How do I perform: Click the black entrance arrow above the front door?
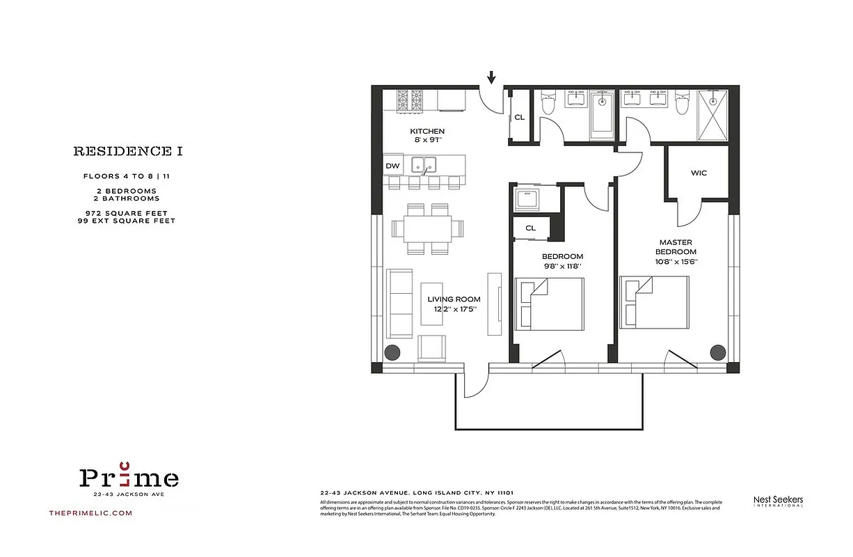tap(492, 77)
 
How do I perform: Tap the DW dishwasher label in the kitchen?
tap(392, 166)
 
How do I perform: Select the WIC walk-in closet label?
tap(699, 173)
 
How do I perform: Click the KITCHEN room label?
tap(426, 132)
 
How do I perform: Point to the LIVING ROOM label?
tap(454, 299)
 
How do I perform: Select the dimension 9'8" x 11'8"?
tap(554, 266)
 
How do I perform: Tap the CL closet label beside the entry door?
tap(519, 117)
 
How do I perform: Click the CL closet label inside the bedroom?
tap(530, 228)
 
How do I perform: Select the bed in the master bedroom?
tap(654, 304)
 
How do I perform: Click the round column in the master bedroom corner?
tap(717, 352)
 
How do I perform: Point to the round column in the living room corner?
tap(393, 352)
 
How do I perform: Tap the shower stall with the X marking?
tap(708, 116)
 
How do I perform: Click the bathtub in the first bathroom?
tap(603, 115)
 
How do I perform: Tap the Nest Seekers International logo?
tap(778, 501)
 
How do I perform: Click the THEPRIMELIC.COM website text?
tap(90, 513)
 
